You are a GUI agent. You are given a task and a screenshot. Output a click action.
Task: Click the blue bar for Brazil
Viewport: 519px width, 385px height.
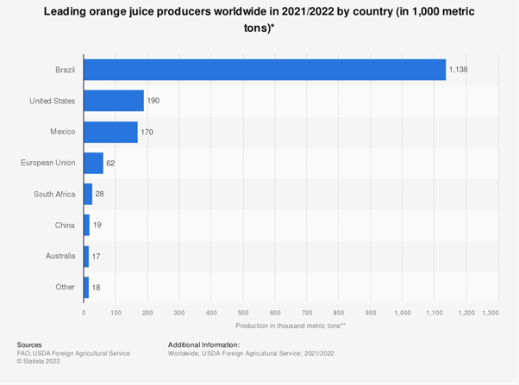(265, 70)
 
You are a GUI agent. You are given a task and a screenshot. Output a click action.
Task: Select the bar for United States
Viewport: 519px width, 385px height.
(114, 101)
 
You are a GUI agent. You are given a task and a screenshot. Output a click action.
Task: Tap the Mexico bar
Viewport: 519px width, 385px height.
(110, 132)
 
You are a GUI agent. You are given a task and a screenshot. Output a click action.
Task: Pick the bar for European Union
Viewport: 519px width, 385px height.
(93, 163)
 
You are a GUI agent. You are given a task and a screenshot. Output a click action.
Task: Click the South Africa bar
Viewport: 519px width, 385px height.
(88, 194)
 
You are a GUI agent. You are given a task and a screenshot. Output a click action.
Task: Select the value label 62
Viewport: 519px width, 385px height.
(112, 163)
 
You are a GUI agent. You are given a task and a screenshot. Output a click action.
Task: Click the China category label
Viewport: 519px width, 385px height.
(65, 225)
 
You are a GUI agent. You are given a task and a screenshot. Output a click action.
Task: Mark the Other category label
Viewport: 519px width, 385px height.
(66, 287)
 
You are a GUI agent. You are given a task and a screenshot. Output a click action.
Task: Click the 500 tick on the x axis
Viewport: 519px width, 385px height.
(243, 313)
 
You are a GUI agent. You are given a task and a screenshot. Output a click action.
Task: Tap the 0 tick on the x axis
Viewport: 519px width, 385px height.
(84, 313)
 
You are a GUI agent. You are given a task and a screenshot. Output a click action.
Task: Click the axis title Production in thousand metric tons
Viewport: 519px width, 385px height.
(290, 326)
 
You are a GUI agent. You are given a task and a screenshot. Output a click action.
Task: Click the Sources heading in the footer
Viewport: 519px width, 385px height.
(29, 345)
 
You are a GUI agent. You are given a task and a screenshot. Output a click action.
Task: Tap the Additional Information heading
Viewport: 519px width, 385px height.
(209, 345)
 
